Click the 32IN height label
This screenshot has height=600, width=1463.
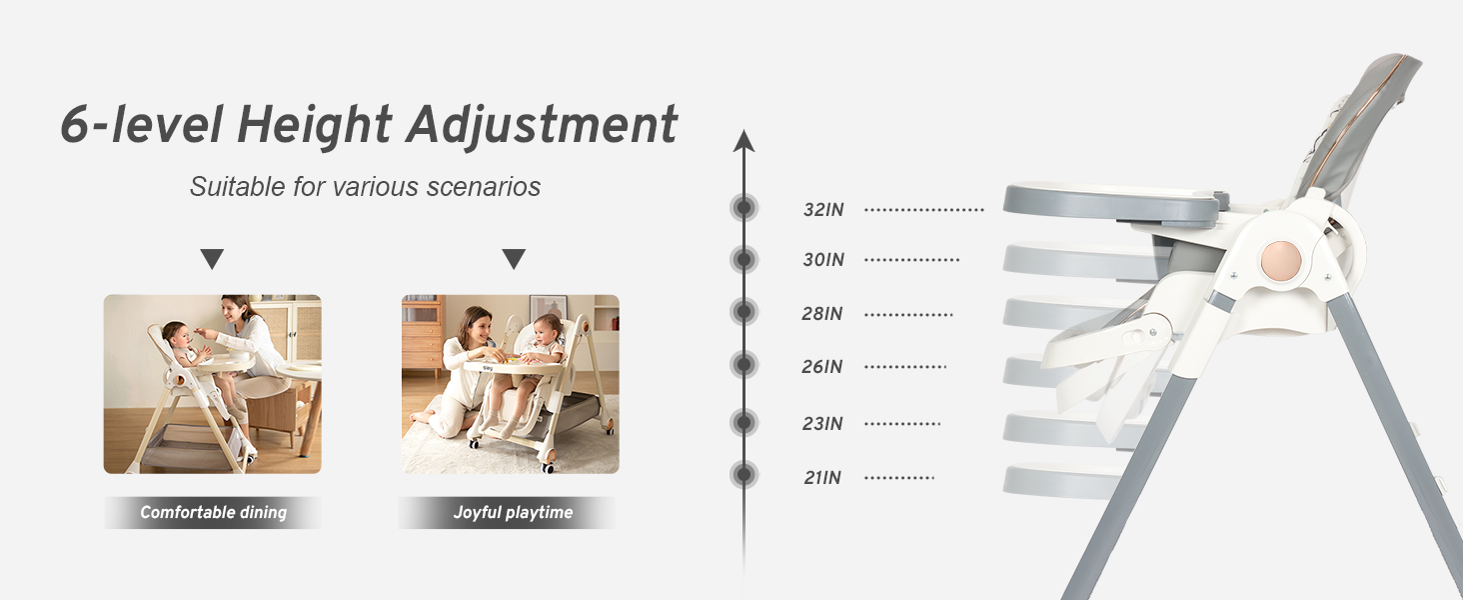823,210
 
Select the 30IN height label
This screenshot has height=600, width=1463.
823,260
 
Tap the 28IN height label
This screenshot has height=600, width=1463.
821,314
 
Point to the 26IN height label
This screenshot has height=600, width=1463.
821,367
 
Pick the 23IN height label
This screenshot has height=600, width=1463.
821,424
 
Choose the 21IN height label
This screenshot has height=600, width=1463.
822,478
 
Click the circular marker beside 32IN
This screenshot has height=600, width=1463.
743,208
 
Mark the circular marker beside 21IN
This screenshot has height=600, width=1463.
743,475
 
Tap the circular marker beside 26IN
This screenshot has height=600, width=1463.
743,364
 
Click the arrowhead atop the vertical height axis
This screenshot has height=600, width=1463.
743,140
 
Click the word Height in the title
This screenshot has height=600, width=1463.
315,125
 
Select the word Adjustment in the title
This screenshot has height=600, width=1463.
542,125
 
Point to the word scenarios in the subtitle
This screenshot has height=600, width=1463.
484,187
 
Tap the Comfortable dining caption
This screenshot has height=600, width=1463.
213,512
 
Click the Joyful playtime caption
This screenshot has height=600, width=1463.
513,512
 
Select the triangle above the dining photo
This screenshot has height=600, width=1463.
212,258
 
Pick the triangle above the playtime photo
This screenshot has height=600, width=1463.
514,258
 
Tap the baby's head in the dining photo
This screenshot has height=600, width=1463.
175,337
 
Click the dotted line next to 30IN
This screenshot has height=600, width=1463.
911,260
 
